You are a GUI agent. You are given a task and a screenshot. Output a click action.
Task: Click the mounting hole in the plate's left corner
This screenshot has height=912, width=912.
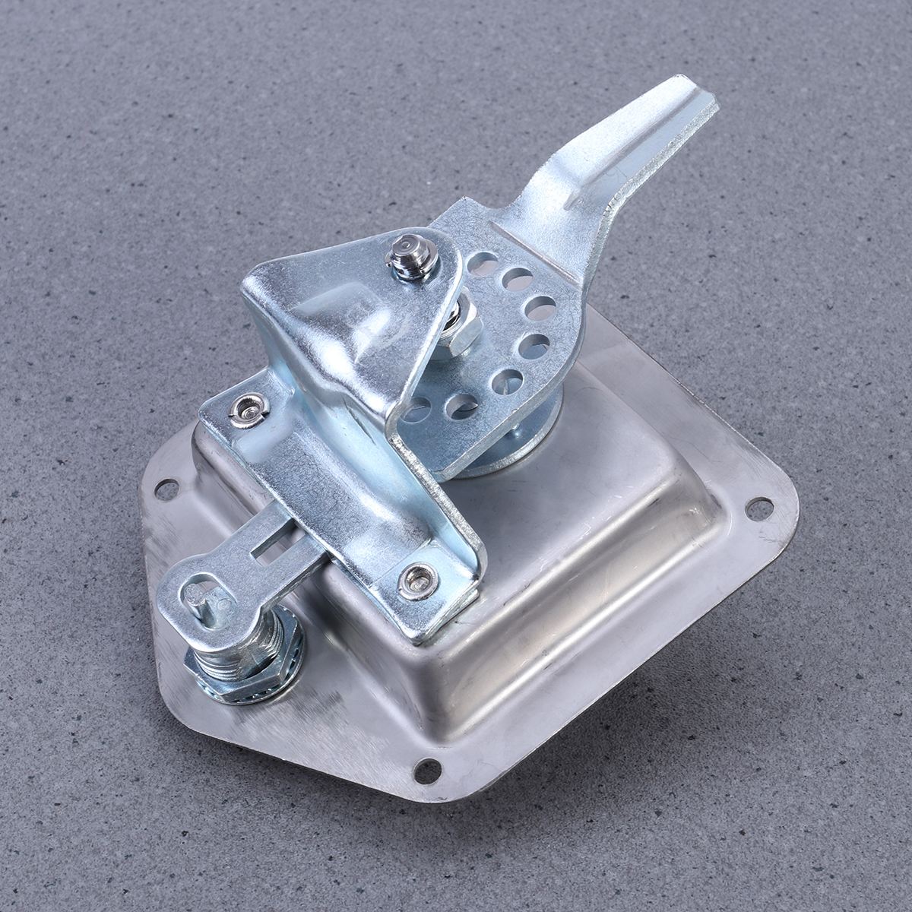[x=166, y=490]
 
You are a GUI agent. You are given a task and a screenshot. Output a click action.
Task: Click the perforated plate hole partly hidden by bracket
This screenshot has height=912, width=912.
[x=416, y=411]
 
